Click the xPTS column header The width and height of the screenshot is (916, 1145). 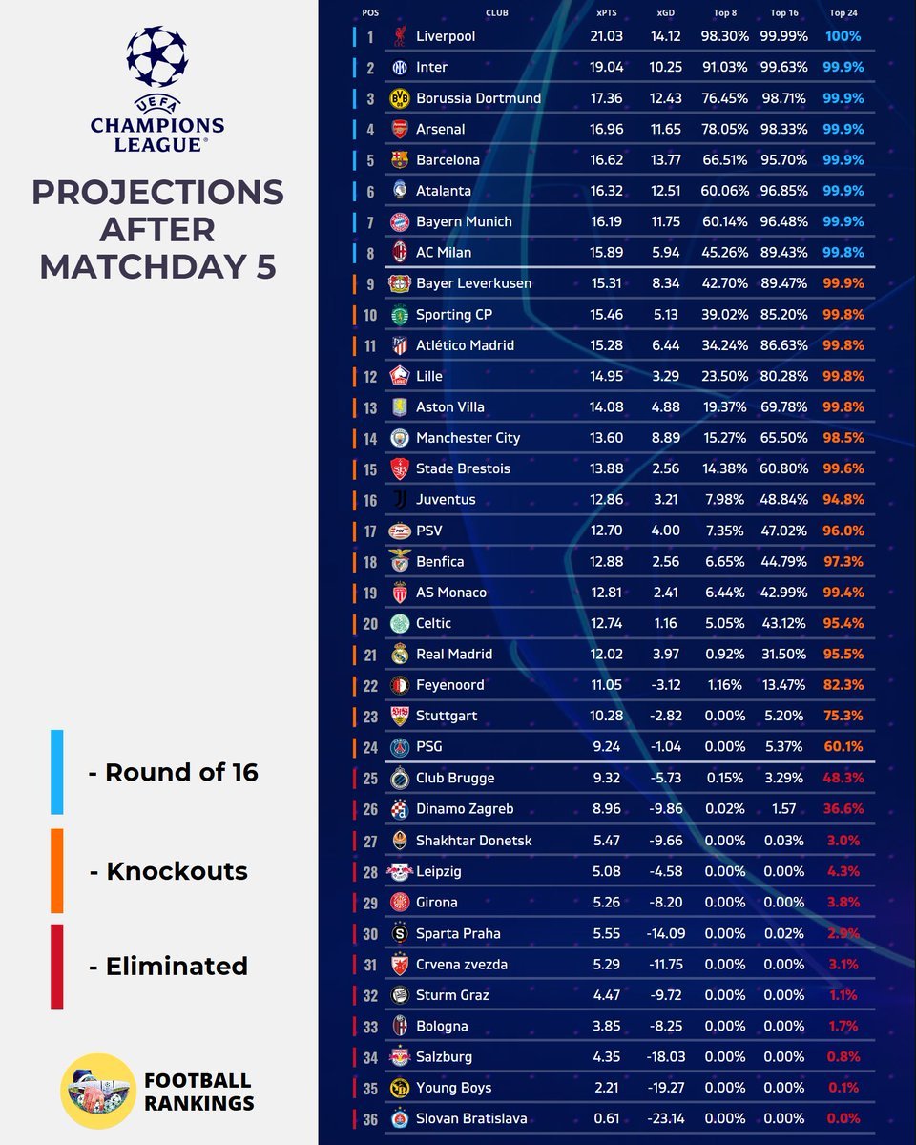pos(606,12)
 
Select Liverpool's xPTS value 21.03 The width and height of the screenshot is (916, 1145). pos(606,36)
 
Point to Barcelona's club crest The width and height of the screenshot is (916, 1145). pos(400,160)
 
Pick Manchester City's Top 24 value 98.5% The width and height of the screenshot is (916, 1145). pos(843,438)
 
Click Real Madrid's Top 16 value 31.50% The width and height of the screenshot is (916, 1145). pos(784,655)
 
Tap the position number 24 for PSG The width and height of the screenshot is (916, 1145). pos(370,747)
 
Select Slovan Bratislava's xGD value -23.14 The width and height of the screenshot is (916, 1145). pos(666,1118)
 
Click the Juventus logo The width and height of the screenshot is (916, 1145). pos(400,500)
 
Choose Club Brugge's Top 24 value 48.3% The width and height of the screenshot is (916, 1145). pos(843,778)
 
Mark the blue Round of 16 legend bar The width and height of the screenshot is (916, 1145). pos(57,772)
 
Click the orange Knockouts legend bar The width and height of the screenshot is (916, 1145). pos(57,870)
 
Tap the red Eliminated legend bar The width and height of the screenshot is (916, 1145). pos(57,966)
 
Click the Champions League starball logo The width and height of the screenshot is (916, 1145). pos(157,57)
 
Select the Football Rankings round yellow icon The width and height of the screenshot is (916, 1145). pos(98,1091)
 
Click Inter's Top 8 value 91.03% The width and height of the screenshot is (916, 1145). pos(725,68)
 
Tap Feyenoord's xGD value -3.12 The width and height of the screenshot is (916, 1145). pos(666,685)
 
